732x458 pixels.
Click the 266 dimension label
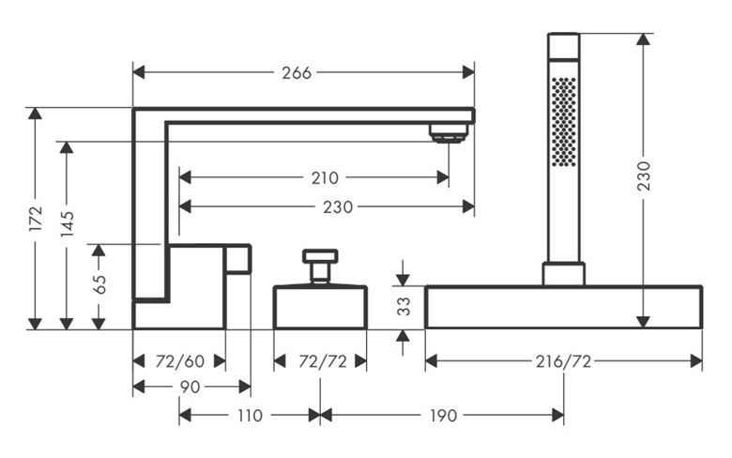pyautogui.click(x=297, y=73)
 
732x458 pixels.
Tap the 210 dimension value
pyautogui.click(x=325, y=178)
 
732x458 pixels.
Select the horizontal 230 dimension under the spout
pyautogui.click(x=338, y=206)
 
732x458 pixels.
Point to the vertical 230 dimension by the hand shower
pyautogui.click(x=644, y=176)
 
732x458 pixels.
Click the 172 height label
pyautogui.click(x=36, y=218)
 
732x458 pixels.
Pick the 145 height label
pyautogui.click(x=68, y=224)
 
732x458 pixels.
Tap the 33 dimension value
pyautogui.click(x=404, y=306)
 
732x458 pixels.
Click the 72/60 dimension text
pyautogui.click(x=180, y=361)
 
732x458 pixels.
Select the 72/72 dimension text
pyautogui.click(x=323, y=361)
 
